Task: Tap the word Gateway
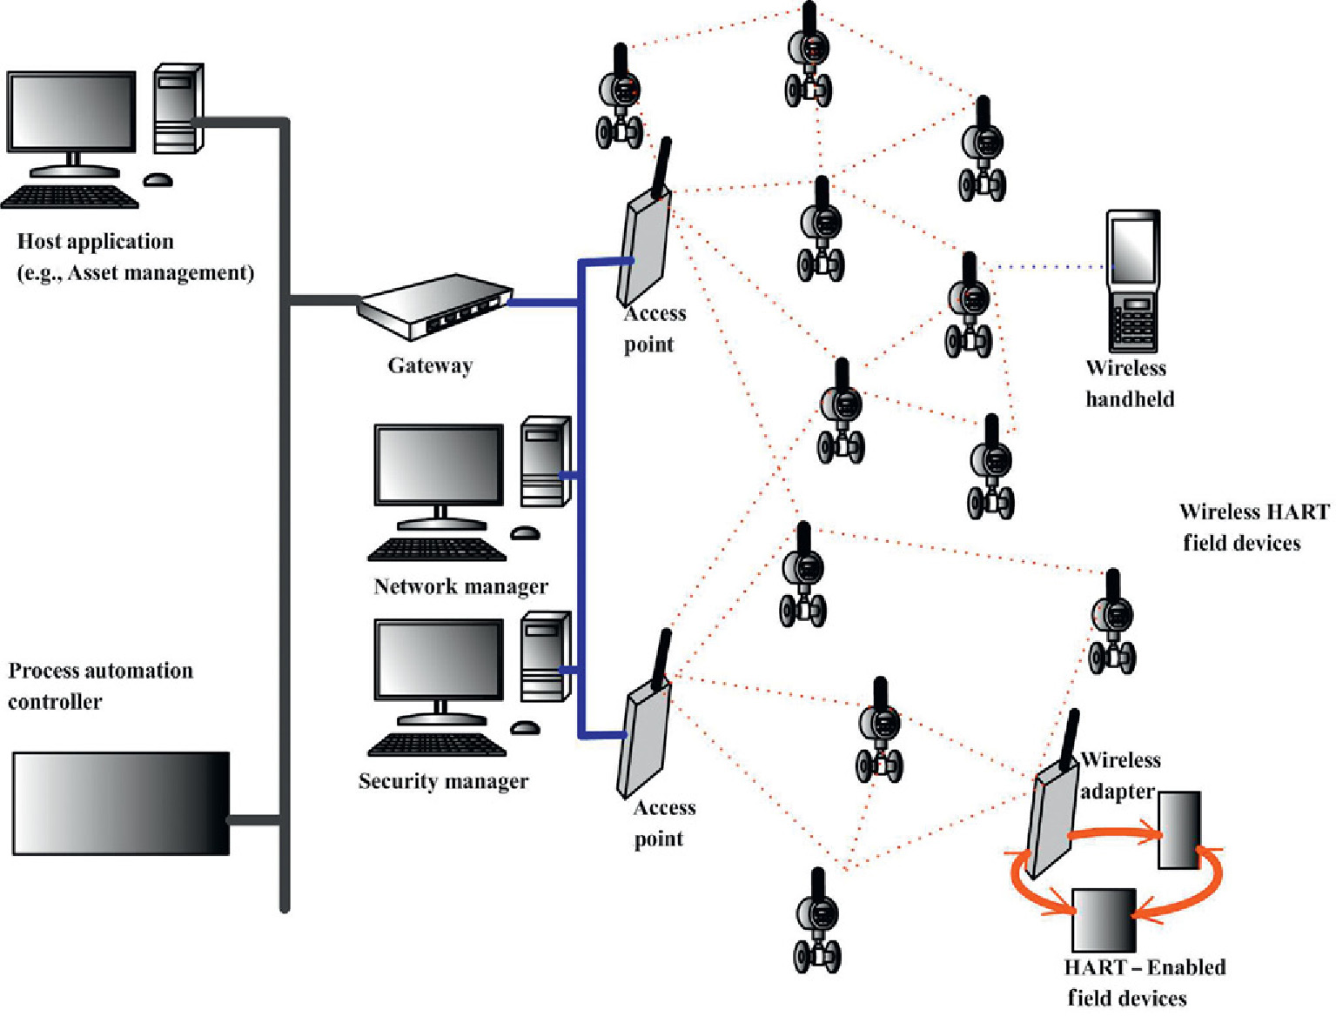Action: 430,365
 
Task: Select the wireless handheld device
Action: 1132,280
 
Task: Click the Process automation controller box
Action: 121,804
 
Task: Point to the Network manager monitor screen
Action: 439,464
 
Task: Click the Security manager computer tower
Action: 545,657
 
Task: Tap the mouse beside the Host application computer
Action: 158,180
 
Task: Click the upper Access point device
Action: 646,244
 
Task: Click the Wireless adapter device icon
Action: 1052,813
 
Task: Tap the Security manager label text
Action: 443,781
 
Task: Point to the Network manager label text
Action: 460,586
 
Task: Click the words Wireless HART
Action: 1253,511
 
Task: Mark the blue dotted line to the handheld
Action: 1049,266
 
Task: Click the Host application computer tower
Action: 178,109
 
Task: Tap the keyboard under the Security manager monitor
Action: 437,745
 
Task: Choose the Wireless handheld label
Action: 1128,384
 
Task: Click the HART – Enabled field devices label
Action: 1144,982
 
